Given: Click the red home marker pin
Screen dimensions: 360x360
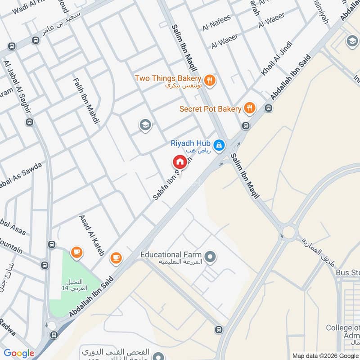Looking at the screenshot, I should pyautogui.click(x=179, y=162).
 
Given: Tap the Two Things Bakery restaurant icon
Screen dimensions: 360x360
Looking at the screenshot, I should pyautogui.click(x=209, y=81).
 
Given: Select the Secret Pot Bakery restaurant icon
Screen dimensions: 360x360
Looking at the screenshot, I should pyautogui.click(x=249, y=108).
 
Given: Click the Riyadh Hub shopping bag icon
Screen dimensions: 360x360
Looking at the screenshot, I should pyautogui.click(x=219, y=145).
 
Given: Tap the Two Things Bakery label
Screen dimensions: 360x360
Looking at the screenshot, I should pyautogui.click(x=168, y=79).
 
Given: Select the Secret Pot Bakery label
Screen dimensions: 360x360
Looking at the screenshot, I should pyautogui.click(x=210, y=109).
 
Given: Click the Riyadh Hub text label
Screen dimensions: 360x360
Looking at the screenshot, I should pyautogui.click(x=191, y=144).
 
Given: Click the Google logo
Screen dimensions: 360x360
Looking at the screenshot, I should pyautogui.click(x=19, y=353).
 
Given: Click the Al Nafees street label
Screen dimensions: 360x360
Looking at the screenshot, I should pyautogui.click(x=216, y=23).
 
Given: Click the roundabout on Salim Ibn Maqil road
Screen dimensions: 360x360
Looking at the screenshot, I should pyautogui.click(x=288, y=232).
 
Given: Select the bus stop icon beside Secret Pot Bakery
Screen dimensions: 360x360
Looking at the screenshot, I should pyautogui.click(x=269, y=108).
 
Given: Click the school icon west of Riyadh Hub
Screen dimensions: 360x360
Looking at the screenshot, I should pyautogui.click(x=145, y=125).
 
